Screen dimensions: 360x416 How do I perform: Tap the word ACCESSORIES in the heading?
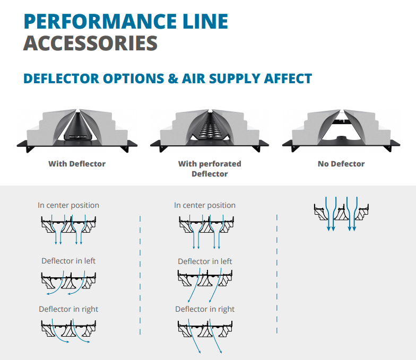pyautogui.click(x=90, y=43)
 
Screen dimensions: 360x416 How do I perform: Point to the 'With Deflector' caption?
pyautogui.click(x=77, y=164)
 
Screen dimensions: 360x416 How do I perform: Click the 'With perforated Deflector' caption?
pyautogui.click(x=210, y=169)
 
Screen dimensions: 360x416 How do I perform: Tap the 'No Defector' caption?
pyautogui.click(x=341, y=164)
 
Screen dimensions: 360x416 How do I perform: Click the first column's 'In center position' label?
pyautogui.click(x=68, y=205)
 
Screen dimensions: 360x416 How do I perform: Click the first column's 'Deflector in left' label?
pyautogui.click(x=68, y=261)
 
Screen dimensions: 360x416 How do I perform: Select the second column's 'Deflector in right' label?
pyautogui.click(x=205, y=309)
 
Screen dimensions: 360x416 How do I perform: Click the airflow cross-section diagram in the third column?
pyautogui.click(x=340, y=214)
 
